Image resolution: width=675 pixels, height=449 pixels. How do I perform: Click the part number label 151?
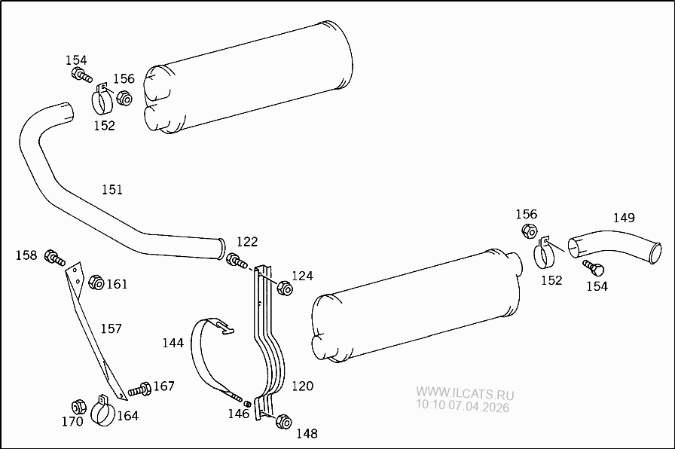[112, 190]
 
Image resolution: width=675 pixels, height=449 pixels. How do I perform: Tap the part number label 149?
[624, 218]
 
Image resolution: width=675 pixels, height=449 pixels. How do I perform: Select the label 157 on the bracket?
[111, 328]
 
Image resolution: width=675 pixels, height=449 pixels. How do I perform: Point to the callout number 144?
[173, 343]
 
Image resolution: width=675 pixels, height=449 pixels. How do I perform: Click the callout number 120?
[302, 386]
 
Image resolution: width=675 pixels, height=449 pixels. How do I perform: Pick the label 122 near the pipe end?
[247, 242]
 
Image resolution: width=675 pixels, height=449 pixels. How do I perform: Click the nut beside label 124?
[285, 288]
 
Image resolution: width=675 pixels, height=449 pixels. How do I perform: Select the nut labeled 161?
[96, 283]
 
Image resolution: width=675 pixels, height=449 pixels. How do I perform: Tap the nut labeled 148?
[284, 421]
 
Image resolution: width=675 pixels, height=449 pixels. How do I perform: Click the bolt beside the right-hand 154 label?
[594, 267]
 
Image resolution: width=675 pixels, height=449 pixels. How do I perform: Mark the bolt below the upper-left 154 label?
[81, 75]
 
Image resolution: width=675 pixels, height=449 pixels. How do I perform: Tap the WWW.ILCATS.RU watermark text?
[465, 394]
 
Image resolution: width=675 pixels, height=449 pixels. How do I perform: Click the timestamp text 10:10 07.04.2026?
[462, 408]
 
